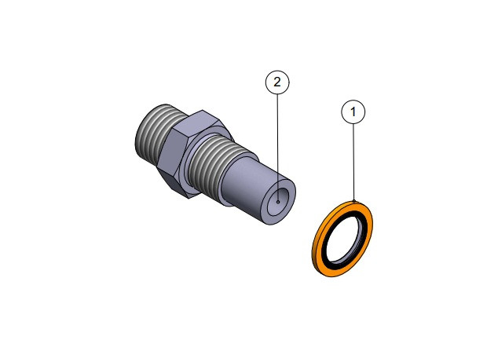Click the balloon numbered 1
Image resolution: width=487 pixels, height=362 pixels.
(x=353, y=112)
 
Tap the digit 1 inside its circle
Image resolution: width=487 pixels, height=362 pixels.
(x=353, y=112)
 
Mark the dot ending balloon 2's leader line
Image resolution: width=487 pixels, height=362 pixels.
(x=276, y=201)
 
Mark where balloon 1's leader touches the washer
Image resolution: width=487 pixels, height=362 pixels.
(x=353, y=203)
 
